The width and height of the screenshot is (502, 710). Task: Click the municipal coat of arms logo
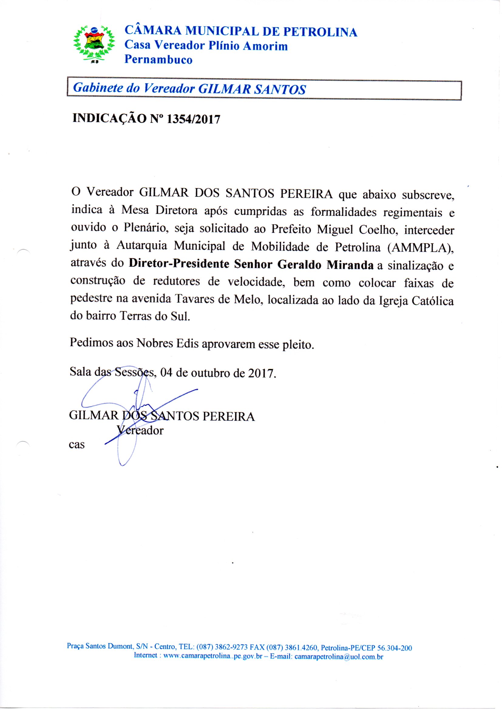click(x=94, y=43)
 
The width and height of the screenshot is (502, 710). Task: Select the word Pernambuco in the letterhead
click(x=158, y=60)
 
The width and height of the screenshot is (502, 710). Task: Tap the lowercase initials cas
click(x=77, y=445)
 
